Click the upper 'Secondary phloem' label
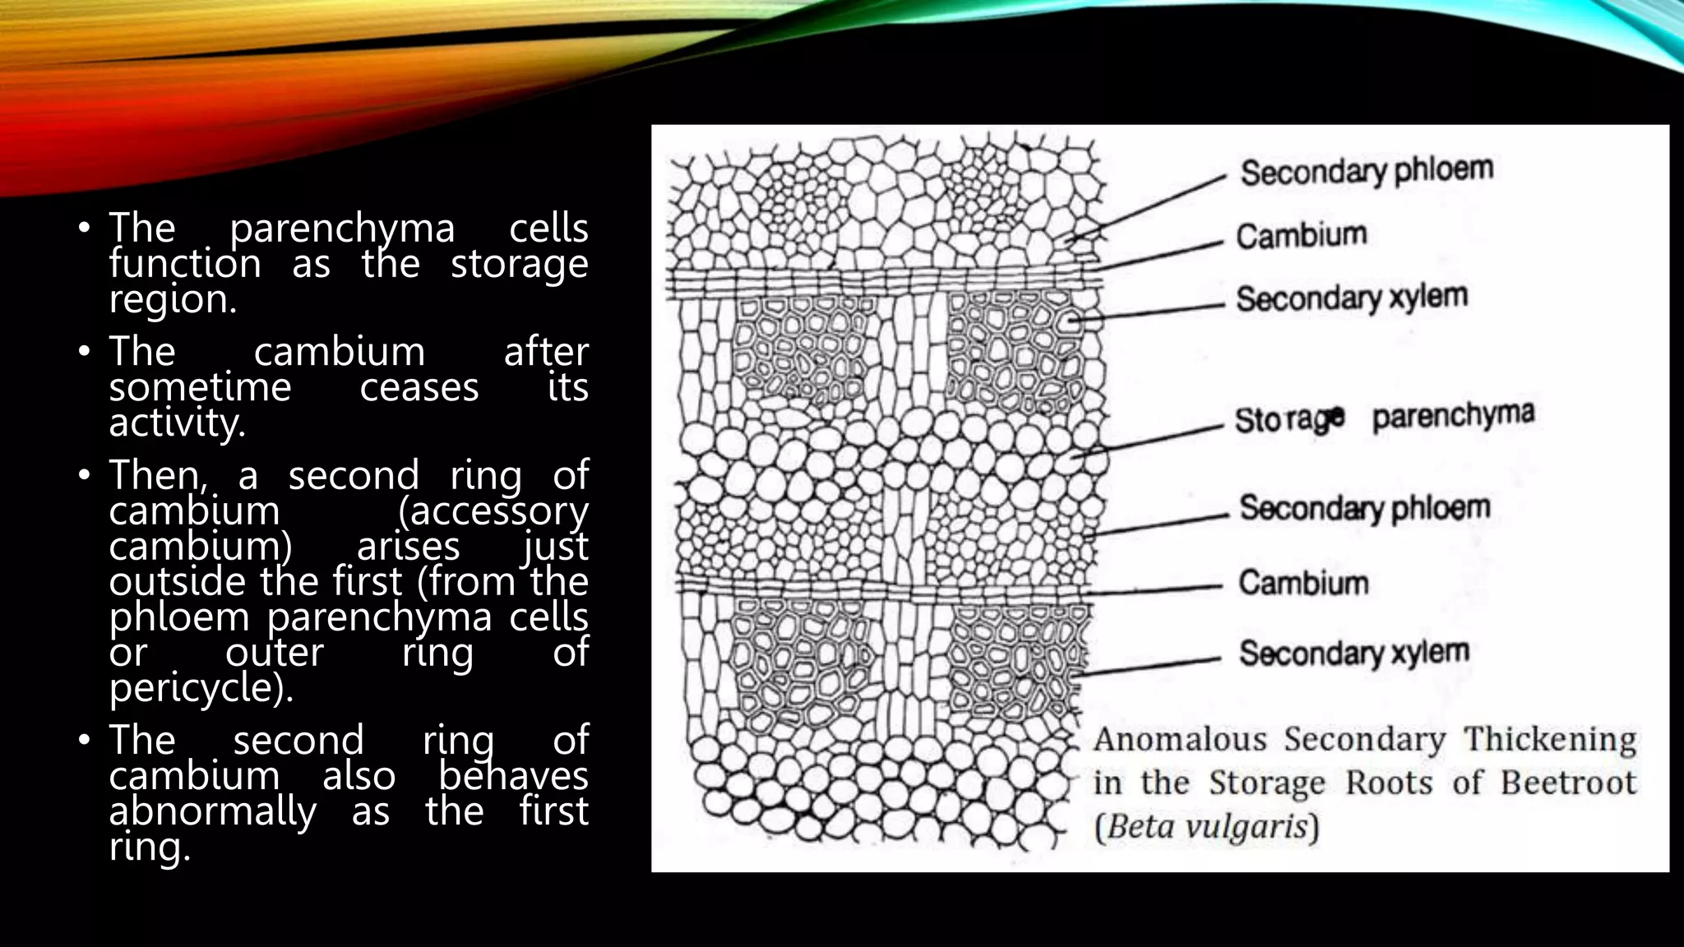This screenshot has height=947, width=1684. (1366, 171)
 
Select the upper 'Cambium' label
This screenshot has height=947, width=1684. (1302, 236)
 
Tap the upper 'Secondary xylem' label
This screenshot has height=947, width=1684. (1352, 298)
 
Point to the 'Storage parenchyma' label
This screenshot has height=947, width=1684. (1385, 418)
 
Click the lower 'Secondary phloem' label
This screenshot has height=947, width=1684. (1365, 508)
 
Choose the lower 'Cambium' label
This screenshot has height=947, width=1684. (1303, 583)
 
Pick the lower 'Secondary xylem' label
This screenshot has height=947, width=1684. (1354, 653)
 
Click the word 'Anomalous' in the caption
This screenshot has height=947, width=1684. (1180, 740)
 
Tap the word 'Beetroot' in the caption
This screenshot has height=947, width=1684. (1568, 783)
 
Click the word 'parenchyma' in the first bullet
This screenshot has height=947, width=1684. (342, 229)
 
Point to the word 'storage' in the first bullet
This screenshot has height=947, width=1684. (519, 264)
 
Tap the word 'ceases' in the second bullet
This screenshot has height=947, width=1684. (419, 387)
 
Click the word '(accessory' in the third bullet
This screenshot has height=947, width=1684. (493, 511)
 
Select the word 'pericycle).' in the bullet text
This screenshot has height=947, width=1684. (201, 688)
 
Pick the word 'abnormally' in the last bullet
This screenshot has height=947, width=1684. (213, 812)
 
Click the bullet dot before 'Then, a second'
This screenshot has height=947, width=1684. (83, 476)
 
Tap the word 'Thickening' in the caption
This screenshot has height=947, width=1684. (1550, 740)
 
